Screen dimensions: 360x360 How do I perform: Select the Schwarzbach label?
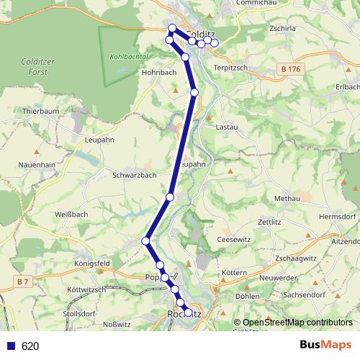[135, 175]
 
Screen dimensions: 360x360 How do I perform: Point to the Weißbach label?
[71, 215]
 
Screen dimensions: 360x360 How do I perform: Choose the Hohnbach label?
[159, 72]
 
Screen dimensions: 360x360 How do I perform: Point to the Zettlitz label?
[268, 222]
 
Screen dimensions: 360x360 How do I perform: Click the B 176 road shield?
[290, 68]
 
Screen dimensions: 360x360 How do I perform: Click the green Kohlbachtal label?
[129, 55]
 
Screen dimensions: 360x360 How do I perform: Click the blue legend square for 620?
[11, 346]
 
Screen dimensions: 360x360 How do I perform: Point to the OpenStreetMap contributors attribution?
[292, 322]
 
